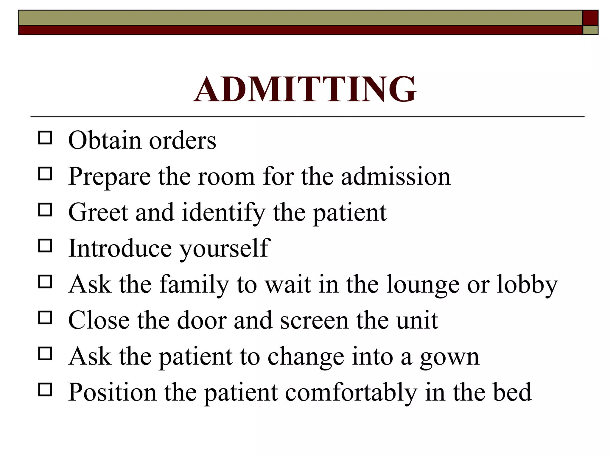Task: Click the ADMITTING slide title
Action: [x=305, y=89]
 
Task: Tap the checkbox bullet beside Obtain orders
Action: [x=45, y=138]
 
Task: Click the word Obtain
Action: [x=105, y=140]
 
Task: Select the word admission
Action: [x=396, y=176]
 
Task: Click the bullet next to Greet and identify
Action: [x=45, y=210]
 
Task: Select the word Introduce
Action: [x=120, y=248]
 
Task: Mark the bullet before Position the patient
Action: [x=45, y=389]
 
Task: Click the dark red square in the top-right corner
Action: [x=590, y=18]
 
